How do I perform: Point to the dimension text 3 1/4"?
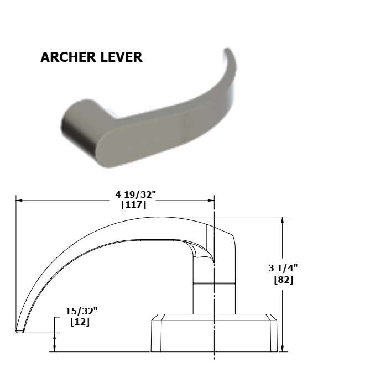[x=283, y=268]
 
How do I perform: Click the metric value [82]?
[x=283, y=280]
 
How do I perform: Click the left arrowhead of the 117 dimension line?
[x=19, y=201]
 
